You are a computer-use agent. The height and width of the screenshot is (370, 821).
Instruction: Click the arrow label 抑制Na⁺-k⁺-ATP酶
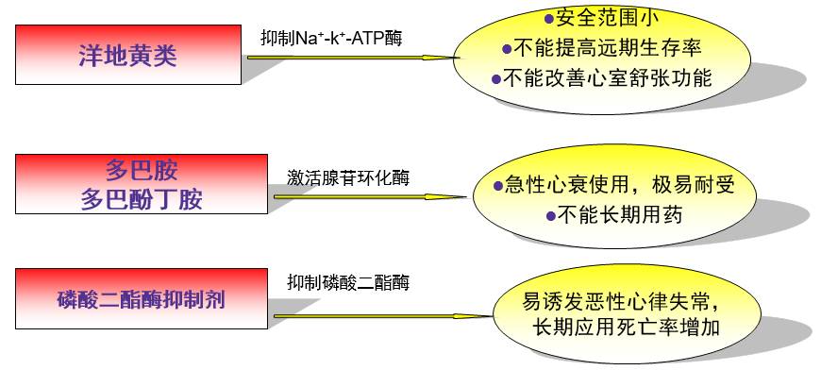pos(336,38)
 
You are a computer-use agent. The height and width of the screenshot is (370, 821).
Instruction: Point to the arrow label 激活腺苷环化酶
pos(348,177)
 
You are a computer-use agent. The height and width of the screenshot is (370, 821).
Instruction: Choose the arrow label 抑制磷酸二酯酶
pos(348,282)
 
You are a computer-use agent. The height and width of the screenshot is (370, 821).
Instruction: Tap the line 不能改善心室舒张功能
pos(608,78)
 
